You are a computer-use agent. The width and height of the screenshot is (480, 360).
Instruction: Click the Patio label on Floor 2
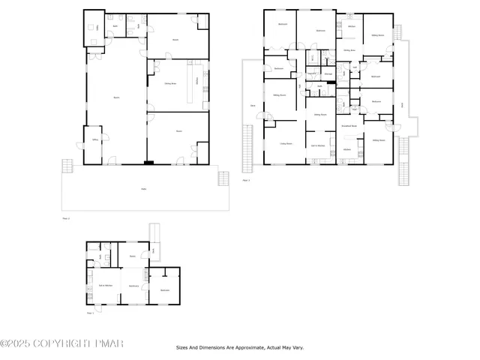[144, 189]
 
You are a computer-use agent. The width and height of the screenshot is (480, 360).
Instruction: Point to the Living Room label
[286, 142]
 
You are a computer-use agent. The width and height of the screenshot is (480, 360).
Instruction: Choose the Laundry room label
[328, 74]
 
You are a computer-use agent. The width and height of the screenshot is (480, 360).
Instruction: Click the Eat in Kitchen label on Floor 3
[317, 145]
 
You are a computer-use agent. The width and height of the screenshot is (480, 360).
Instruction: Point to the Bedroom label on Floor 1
[165, 289]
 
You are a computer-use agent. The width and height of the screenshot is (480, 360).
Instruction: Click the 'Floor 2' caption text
[66, 218]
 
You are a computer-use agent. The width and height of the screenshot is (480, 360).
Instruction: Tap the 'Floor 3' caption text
[246, 180]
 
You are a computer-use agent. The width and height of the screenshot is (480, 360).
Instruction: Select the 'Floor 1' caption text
[90, 312]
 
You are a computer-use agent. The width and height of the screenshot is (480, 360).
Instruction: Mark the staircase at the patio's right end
[223, 178]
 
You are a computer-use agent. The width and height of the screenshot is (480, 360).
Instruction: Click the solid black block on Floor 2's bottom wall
[148, 162]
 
